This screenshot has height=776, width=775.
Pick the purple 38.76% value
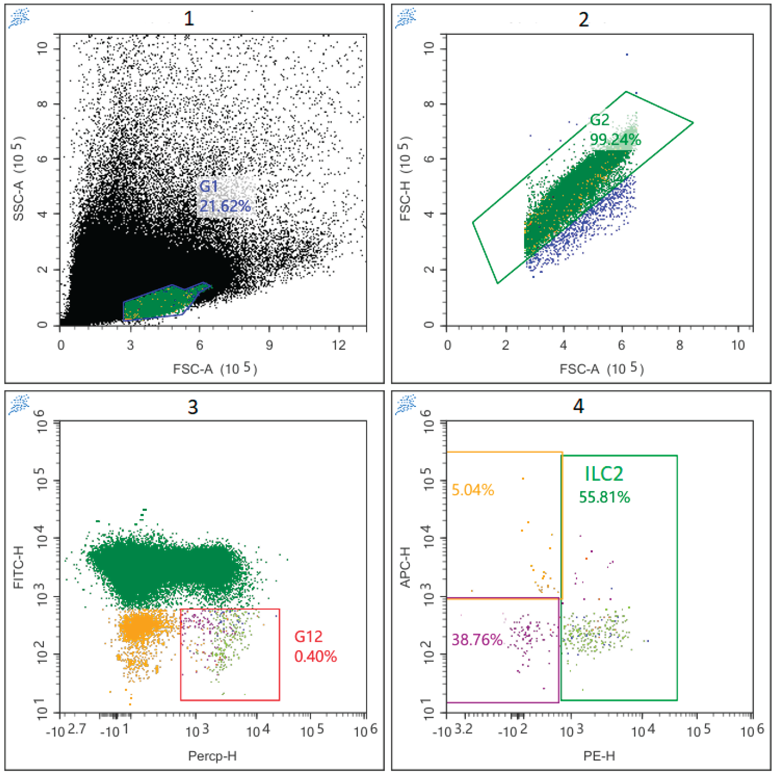coord(477,639)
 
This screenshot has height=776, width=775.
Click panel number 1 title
coord(189,19)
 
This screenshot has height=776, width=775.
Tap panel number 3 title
coord(193,407)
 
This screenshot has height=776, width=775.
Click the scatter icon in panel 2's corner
coord(406,19)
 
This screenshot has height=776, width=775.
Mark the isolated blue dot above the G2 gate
coord(627,54)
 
